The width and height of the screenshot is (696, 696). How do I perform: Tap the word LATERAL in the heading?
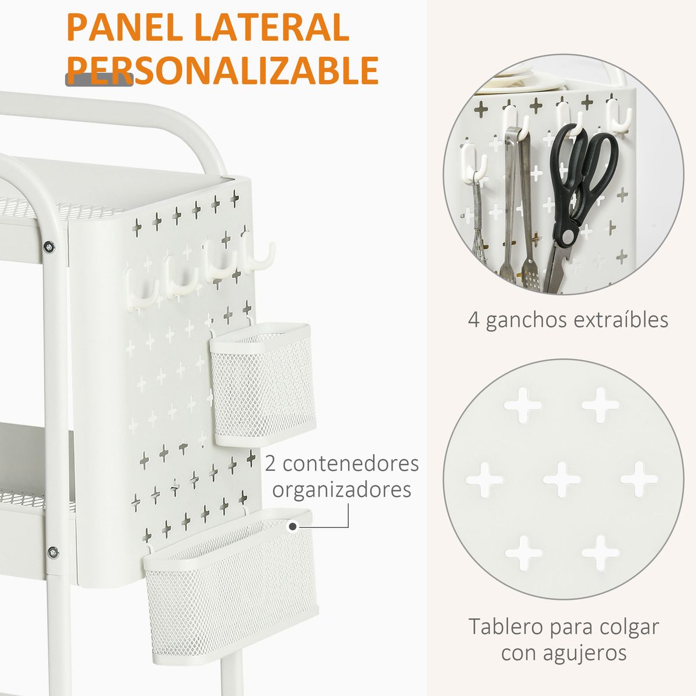click(x=271, y=27)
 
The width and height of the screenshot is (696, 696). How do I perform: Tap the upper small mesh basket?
click(x=262, y=385)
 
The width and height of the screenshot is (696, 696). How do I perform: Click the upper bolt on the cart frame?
click(x=49, y=247)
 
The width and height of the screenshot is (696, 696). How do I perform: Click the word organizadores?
click(x=342, y=490)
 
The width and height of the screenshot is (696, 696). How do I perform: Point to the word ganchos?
click(x=526, y=321)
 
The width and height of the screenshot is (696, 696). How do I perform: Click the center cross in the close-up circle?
click(x=561, y=479)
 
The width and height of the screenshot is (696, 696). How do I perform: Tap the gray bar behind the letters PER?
click(x=99, y=79)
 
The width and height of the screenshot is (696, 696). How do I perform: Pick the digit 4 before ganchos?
click(x=474, y=320)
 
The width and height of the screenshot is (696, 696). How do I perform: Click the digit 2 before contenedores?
click(x=271, y=464)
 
